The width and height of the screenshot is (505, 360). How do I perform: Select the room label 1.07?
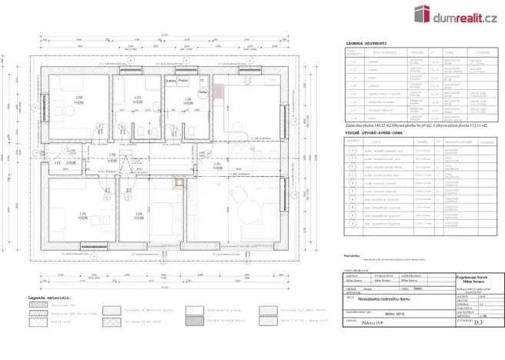click(x=138, y=98)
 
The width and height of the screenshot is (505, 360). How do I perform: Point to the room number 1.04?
click(x=139, y=213)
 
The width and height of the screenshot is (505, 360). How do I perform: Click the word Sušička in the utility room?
click(x=171, y=79)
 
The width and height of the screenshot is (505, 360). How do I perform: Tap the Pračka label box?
click(x=183, y=79)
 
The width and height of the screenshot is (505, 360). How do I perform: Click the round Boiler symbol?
click(x=203, y=92)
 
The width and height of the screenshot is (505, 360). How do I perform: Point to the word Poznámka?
click(x=353, y=255)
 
